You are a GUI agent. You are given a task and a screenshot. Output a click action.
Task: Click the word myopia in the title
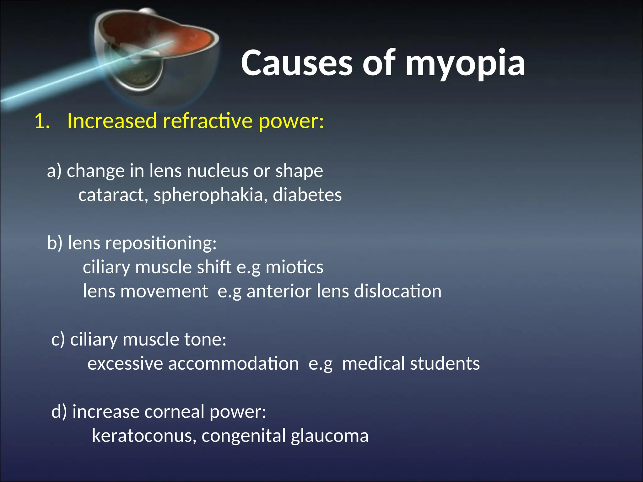point(465,64)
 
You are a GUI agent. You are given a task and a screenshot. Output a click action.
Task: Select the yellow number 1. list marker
point(42,121)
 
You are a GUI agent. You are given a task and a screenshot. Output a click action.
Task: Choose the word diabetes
point(307,195)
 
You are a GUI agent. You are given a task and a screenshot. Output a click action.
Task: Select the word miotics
point(294,267)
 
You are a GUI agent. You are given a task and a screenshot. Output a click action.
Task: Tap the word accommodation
point(233,364)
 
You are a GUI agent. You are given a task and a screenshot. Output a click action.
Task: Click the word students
point(445,364)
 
